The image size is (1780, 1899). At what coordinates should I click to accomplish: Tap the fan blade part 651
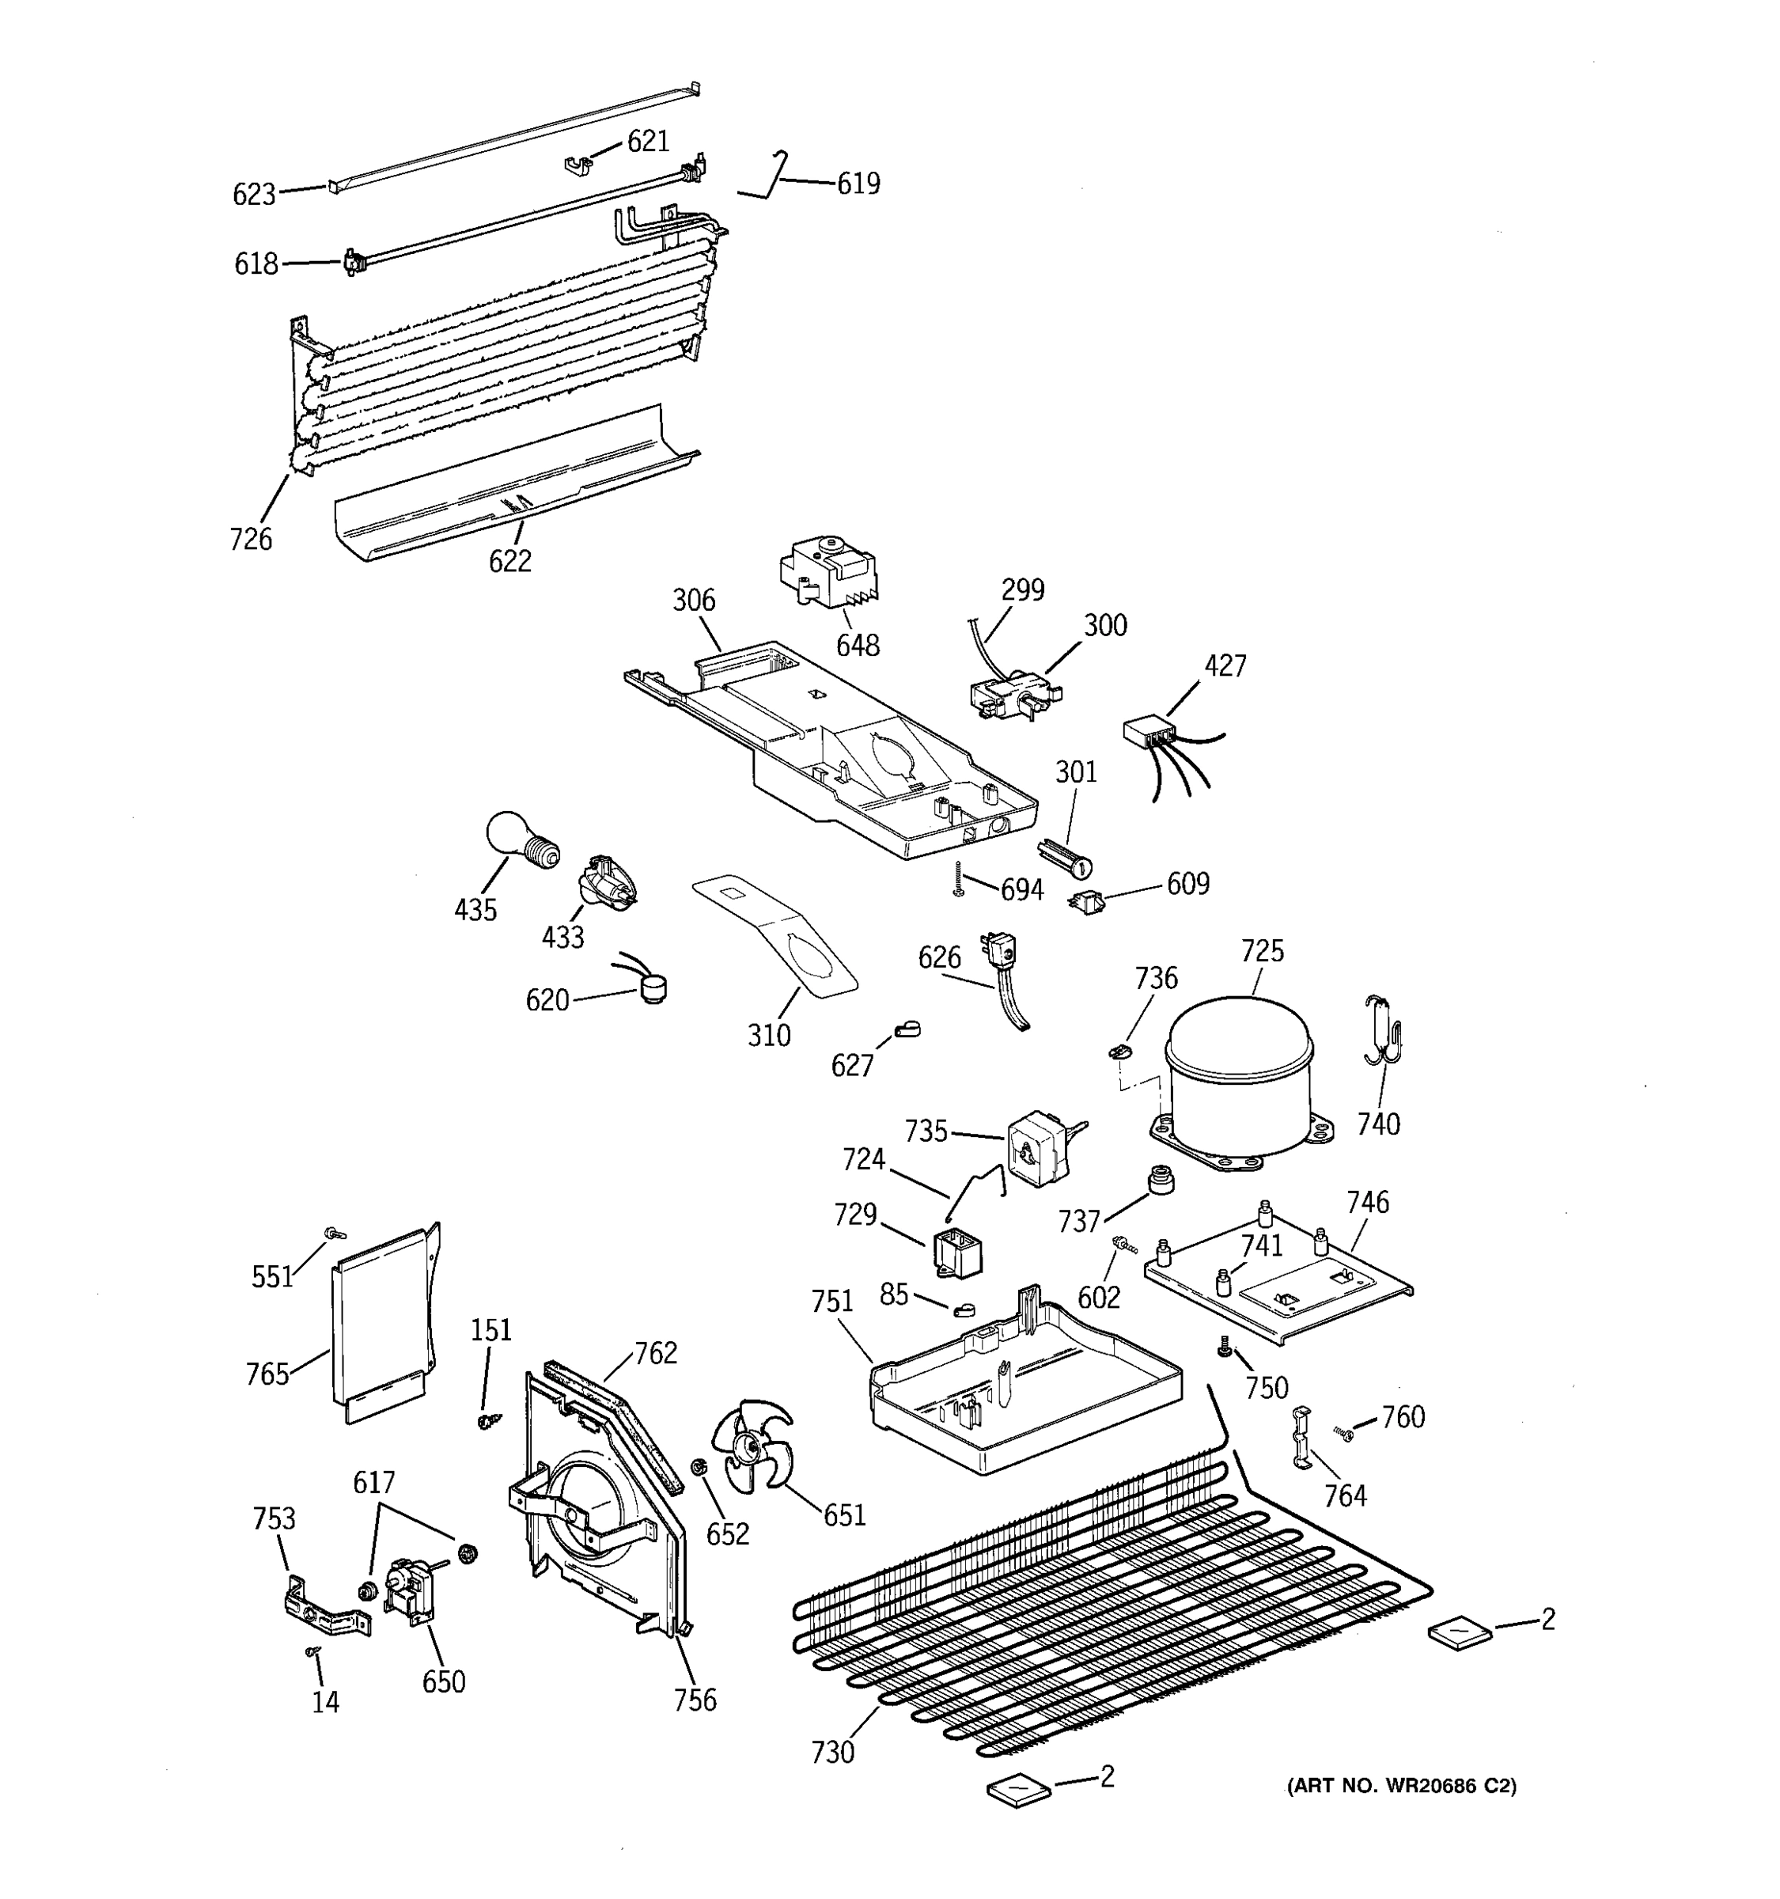[753, 1456]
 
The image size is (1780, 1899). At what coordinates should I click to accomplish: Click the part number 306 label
[693, 600]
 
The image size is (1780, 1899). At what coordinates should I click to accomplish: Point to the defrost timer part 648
[827, 572]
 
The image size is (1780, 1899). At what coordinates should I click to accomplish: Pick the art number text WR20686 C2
[1401, 1784]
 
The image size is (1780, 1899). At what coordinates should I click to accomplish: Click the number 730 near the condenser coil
[831, 1752]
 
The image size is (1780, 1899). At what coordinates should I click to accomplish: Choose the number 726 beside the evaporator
[250, 539]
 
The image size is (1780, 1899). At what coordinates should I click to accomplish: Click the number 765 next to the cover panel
[267, 1374]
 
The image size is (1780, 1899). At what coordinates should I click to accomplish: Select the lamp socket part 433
[603, 880]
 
